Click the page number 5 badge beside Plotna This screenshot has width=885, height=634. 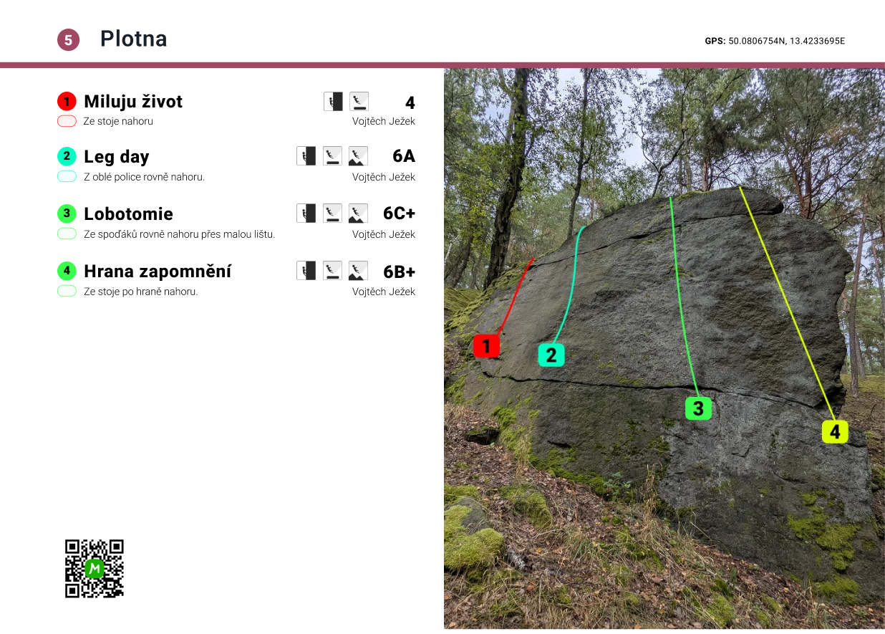click(x=68, y=40)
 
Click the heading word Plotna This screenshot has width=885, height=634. click(x=133, y=39)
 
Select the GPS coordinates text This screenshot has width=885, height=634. click(x=775, y=41)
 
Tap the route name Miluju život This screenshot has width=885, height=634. click(x=133, y=102)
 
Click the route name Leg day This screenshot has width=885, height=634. click(x=116, y=157)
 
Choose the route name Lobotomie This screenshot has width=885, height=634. click(x=128, y=214)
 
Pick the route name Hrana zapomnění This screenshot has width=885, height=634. click(x=158, y=272)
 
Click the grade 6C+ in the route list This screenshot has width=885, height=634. click(x=399, y=214)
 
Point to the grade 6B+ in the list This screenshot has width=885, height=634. click(x=399, y=272)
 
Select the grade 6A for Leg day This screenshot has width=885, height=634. click(x=404, y=157)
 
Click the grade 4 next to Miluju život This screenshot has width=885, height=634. click(x=410, y=102)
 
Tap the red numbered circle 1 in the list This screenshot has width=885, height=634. click(x=67, y=101)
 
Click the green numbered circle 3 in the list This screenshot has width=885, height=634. click(x=67, y=213)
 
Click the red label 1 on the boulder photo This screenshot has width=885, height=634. click(x=486, y=346)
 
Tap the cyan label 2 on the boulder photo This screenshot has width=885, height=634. click(x=551, y=355)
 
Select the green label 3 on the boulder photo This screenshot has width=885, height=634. click(x=698, y=408)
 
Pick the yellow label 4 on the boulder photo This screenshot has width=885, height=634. click(x=835, y=431)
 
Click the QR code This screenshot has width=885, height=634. click(x=95, y=568)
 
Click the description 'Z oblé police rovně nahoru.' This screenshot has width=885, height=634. click(x=144, y=177)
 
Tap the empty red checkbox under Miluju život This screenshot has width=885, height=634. click(x=67, y=121)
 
